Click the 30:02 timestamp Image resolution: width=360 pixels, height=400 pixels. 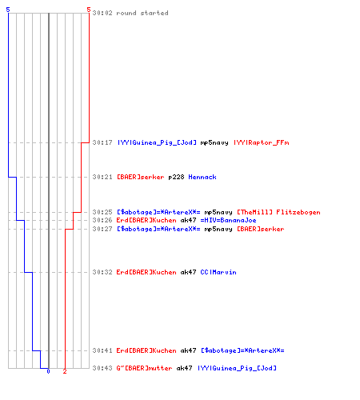pyautogui.click(x=102, y=13)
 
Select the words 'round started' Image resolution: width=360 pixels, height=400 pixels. pyautogui.click(x=142, y=13)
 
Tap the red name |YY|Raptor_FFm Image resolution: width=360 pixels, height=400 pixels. pyautogui.click(x=262, y=142)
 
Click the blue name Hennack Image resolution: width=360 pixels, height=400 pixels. pyautogui.click(x=202, y=177)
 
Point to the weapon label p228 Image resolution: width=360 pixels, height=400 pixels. pyautogui.click(x=176, y=177)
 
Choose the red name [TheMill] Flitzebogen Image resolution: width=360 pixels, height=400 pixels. pyautogui.click(x=278, y=212)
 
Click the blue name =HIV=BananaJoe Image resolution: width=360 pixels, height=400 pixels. pyautogui.click(x=228, y=220)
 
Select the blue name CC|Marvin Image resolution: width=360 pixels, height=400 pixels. pyautogui.click(x=218, y=272)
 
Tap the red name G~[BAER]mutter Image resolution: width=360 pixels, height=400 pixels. pyautogui.click(x=144, y=368)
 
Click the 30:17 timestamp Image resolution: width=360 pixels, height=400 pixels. pyautogui.click(x=102, y=142)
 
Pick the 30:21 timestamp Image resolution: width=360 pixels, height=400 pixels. pyautogui.click(x=102, y=177)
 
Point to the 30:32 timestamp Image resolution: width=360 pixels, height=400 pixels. pyautogui.click(x=102, y=272)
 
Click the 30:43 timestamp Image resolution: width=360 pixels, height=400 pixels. pyautogui.click(x=102, y=368)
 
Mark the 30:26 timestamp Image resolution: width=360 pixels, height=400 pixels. pyautogui.click(x=102, y=220)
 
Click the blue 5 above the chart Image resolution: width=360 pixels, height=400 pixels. pyautogui.click(x=8, y=10)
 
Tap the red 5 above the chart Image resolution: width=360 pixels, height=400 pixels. pyautogui.click(x=89, y=10)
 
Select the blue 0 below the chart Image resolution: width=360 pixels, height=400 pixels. pyautogui.click(x=48, y=371)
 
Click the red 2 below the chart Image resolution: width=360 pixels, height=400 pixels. pyautogui.click(x=65, y=371)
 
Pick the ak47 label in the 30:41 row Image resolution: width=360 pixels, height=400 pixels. pyautogui.click(x=188, y=350)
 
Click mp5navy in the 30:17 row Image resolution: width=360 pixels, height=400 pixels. pyautogui.click(x=214, y=143)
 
